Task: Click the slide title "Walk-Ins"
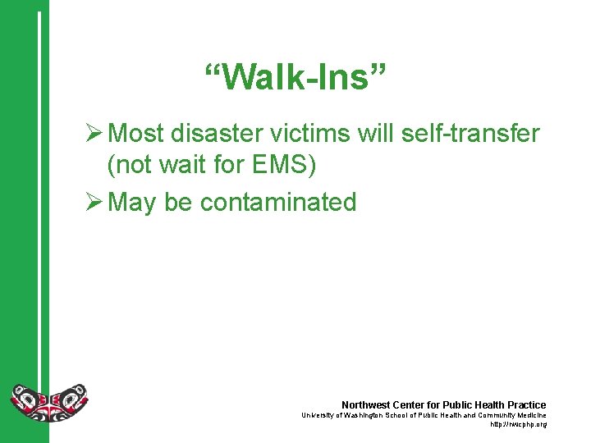pyautogui.click(x=295, y=78)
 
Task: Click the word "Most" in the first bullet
pyautogui.click(x=136, y=133)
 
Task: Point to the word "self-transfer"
pyautogui.click(x=478, y=133)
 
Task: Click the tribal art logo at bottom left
pyautogui.click(x=48, y=403)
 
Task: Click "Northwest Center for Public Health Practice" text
pyautogui.click(x=443, y=404)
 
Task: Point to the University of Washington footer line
pyautogui.click(x=424, y=415)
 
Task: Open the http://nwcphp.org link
pyautogui.click(x=517, y=424)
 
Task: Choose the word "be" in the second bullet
pyautogui.click(x=178, y=202)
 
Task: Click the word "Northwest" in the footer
pyautogui.click(x=366, y=404)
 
